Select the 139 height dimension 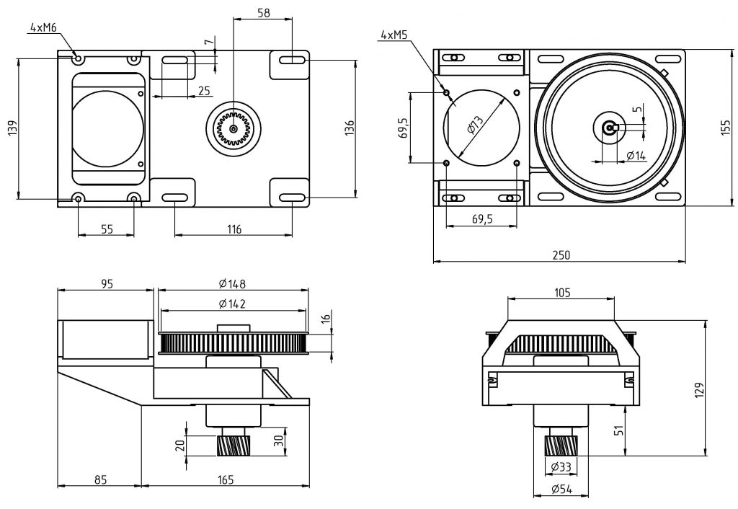(x=11, y=128)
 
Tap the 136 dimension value (x=350, y=128)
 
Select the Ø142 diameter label (x=232, y=304)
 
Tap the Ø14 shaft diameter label (x=635, y=155)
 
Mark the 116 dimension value (x=233, y=229)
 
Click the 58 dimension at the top (x=264, y=13)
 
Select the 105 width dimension (x=562, y=292)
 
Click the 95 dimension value (x=106, y=283)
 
